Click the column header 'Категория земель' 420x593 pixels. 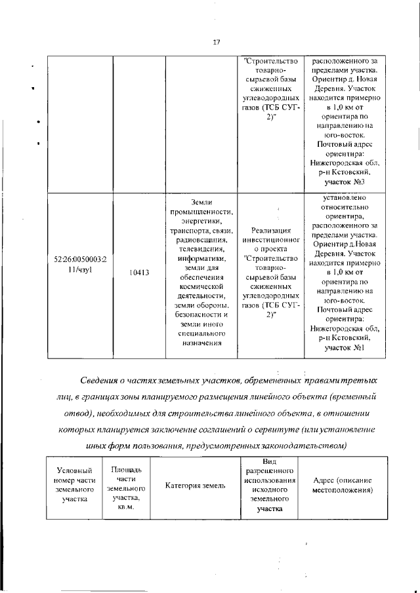196,486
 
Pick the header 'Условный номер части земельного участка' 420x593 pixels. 75,486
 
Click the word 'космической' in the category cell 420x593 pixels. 201,286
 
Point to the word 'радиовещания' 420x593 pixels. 201,239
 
